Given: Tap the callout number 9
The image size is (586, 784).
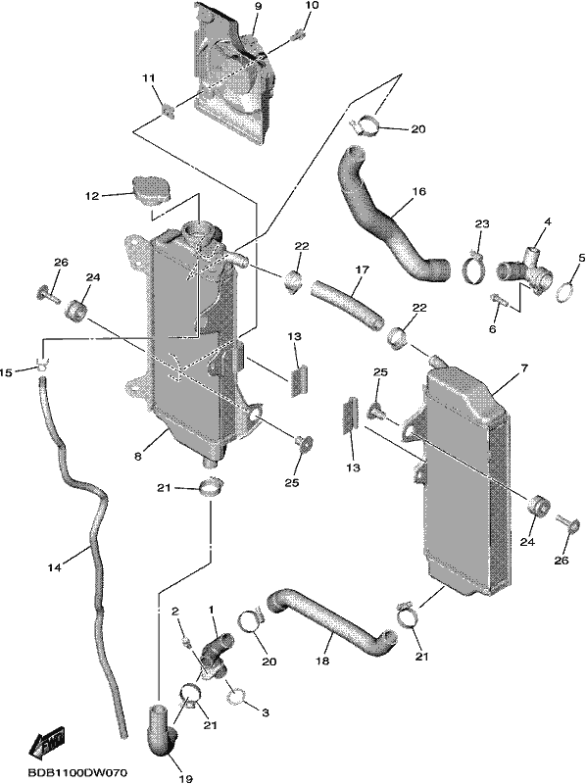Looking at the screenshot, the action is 258,6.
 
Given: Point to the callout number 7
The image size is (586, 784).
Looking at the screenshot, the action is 523,369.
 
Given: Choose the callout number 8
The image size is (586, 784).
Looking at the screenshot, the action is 138,456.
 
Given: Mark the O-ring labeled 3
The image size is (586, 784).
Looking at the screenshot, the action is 237,694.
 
